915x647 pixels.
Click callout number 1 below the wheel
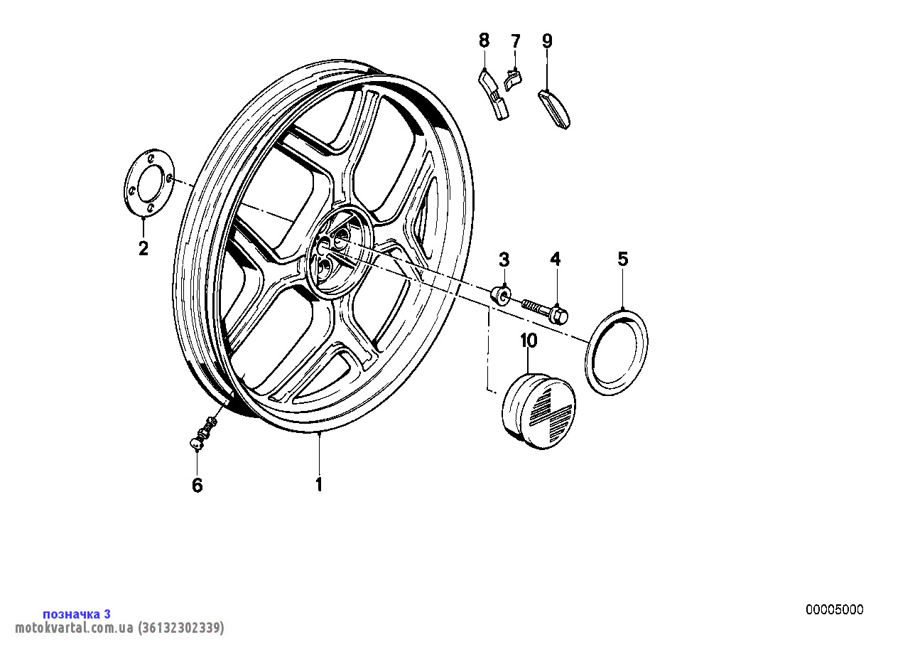click(x=319, y=484)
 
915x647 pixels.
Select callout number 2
click(x=144, y=248)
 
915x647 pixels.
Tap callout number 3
click(x=504, y=260)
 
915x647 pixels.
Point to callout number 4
click(x=555, y=259)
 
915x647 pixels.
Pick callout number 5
click(x=622, y=259)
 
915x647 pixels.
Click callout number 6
click(x=197, y=485)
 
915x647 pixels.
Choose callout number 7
click(x=516, y=41)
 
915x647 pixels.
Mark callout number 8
click(x=484, y=41)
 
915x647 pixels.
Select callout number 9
click(x=547, y=41)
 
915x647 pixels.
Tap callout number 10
click(x=529, y=341)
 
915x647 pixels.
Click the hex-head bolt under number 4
click(x=546, y=311)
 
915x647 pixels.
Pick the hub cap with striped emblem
click(x=538, y=410)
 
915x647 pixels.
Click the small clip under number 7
click(x=513, y=80)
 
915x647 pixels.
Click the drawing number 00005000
click(x=835, y=610)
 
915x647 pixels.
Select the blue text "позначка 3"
click(x=77, y=614)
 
